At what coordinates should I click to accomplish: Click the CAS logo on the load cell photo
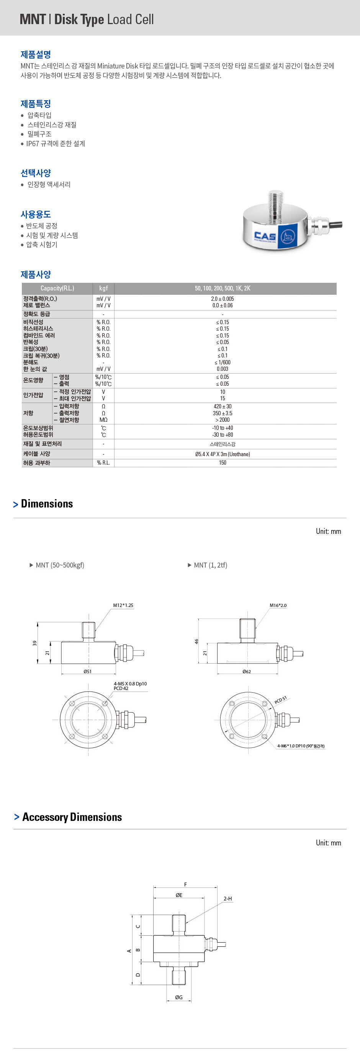265,236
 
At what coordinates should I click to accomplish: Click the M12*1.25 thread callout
123,605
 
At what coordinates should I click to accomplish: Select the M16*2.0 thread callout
278,605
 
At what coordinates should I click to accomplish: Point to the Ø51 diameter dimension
87,672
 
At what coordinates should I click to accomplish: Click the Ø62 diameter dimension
247,672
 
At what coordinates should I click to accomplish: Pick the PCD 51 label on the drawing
280,700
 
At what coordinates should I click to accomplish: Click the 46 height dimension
197,641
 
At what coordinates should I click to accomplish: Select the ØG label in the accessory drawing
178,997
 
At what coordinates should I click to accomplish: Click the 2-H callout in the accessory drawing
227,899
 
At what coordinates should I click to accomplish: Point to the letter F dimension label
186,884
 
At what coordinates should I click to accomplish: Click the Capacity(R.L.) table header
57,288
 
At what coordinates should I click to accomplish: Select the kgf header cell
103,288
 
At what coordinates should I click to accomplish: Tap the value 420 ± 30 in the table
223,406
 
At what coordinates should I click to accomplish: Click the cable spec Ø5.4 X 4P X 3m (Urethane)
223,454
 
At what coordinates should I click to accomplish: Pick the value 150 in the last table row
223,463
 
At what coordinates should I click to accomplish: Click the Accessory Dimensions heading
72,817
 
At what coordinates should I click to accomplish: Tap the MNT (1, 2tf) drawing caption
210,565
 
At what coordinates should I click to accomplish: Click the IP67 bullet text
56,144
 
